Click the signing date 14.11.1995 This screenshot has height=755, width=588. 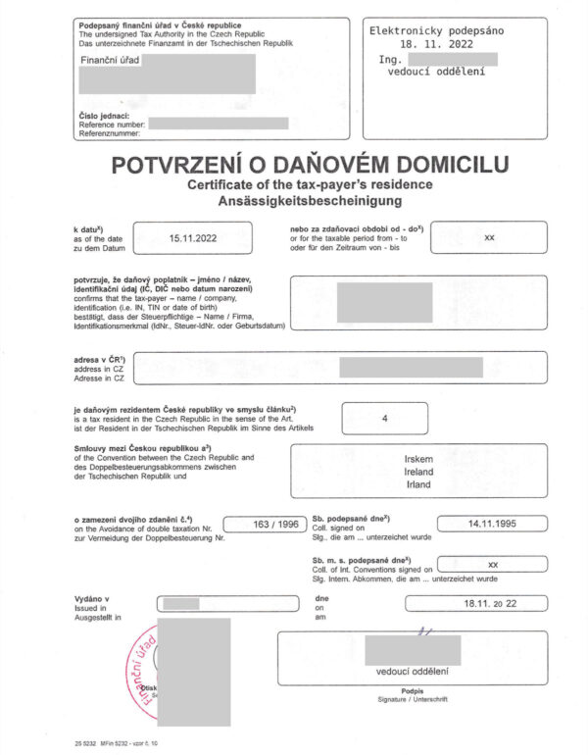point(493,525)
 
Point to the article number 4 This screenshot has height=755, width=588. point(384,419)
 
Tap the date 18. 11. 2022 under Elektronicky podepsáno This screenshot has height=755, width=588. point(436,45)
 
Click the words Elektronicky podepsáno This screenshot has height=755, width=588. point(436,31)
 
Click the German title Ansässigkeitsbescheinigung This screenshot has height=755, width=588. point(294,201)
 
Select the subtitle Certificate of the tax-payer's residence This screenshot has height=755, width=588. point(294,184)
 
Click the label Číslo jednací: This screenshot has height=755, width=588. point(102,115)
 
